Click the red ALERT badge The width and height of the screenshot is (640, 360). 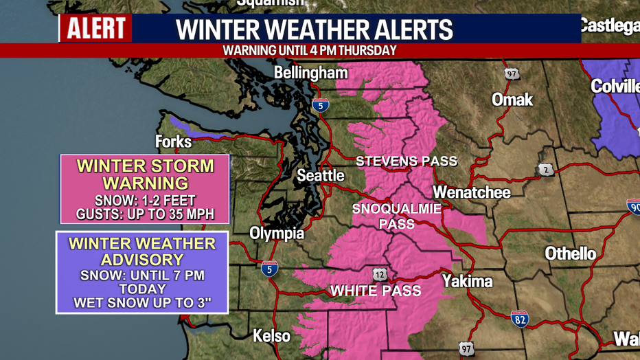95,29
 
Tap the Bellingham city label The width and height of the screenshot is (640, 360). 310,73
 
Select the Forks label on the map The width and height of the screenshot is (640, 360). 173,142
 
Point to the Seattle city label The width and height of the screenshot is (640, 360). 321,176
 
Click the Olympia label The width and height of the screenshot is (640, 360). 276,234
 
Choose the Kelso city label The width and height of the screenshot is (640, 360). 272,336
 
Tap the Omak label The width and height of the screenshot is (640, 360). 512,100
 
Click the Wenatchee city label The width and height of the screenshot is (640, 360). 472,192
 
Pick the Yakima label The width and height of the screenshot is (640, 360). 467,281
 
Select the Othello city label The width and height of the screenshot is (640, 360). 570,254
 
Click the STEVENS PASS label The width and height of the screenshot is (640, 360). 406,161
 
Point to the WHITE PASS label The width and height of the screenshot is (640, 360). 376,291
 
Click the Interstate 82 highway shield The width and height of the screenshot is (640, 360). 520,318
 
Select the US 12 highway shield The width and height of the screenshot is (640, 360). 380,274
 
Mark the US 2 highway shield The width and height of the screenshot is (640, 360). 546,170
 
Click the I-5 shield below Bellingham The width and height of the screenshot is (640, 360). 320,105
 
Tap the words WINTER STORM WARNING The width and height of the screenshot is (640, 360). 145,175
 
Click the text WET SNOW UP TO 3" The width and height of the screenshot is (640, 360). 141,302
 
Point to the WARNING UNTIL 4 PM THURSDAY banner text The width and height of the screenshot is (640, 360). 310,50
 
